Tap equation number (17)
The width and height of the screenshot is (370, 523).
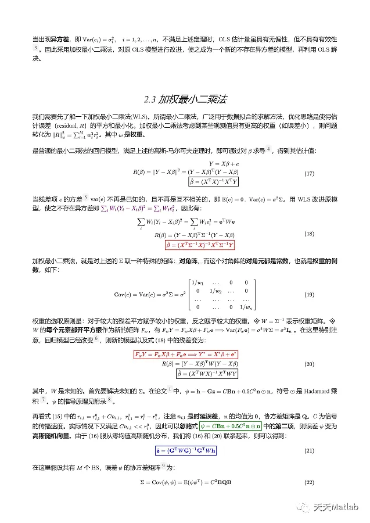pyautogui.click(x=310, y=174)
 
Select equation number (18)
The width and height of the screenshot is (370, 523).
pyautogui.click(x=310, y=235)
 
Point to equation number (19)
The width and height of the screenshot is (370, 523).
pyautogui.click(x=310, y=294)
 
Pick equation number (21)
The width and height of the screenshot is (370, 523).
pyautogui.click(x=310, y=450)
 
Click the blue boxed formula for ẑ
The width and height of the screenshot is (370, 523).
pyautogui.click(x=185, y=450)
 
